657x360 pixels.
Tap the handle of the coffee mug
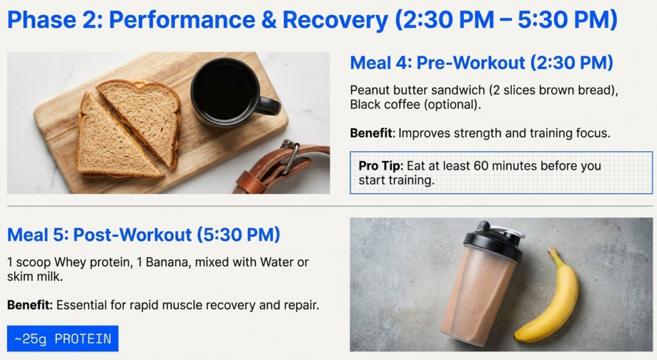pos(268,106)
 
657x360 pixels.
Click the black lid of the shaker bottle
pos(492,241)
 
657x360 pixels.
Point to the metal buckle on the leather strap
pos(290,156)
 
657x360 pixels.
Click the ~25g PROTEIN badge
pos(63,339)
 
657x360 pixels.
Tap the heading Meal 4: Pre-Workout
pos(481,63)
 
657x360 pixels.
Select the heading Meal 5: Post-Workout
pos(144,235)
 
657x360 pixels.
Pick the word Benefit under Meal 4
pos(371,133)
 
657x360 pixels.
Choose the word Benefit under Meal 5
pos(30,305)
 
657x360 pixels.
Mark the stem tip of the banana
pos(550,250)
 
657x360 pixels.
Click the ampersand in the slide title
pos(264,21)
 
